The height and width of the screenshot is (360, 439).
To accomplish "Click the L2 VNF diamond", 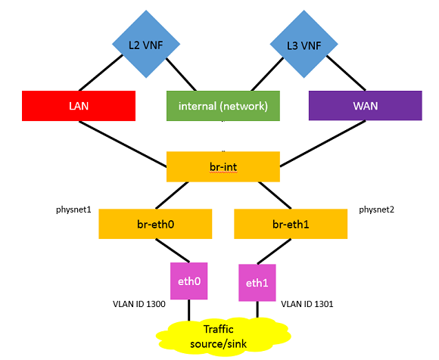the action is click(146, 44).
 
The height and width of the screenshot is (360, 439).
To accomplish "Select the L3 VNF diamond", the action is click(304, 44).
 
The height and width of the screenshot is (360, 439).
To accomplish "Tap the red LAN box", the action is click(79, 106).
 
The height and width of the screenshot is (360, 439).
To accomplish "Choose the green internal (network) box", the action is click(223, 106).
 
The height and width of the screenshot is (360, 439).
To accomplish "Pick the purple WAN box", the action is click(366, 105).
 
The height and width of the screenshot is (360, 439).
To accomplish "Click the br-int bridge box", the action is click(223, 166).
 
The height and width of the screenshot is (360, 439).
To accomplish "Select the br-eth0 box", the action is click(155, 224).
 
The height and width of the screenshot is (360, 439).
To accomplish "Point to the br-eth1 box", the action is click(291, 224).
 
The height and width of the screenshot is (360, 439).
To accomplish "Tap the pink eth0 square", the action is click(189, 281).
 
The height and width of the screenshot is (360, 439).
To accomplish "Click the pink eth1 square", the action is click(257, 283).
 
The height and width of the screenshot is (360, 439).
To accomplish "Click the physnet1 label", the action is click(73, 209).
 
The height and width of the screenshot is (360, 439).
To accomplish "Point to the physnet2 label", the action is click(377, 209).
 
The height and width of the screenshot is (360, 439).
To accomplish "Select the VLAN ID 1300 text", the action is click(139, 304).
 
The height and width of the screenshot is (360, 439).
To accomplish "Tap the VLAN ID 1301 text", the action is click(307, 304).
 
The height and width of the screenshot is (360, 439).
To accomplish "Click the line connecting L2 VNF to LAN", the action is click(101, 73).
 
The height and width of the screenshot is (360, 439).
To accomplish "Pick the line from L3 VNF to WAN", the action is click(346, 73).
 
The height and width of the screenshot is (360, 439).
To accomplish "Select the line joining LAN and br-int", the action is click(123, 144).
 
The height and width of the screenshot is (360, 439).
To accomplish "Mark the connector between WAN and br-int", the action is click(322, 144).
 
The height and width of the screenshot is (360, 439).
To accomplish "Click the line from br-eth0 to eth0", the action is click(173, 250).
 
